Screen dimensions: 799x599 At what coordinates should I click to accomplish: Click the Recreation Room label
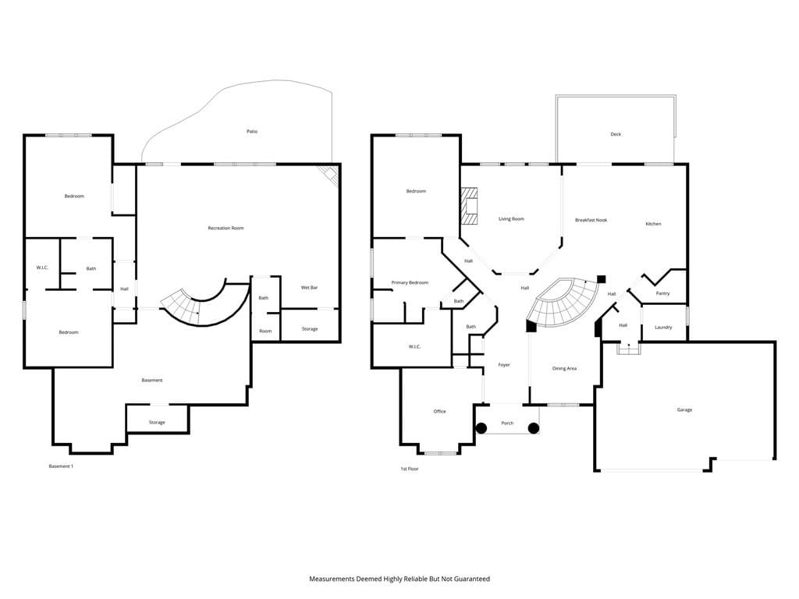point(225,229)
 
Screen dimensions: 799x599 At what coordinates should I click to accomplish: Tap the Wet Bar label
point(309,288)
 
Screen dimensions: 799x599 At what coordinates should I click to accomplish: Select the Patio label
point(252,131)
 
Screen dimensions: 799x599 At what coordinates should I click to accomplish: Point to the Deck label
point(616,134)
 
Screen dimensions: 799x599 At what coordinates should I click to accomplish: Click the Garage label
point(684,410)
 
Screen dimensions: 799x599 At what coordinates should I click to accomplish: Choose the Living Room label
point(511,219)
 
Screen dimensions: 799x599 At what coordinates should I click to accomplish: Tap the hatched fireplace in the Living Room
point(470,206)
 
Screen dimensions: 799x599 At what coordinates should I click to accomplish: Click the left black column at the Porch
point(481,428)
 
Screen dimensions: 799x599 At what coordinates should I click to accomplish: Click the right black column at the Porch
point(534,428)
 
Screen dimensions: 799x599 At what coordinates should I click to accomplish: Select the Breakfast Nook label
point(591,220)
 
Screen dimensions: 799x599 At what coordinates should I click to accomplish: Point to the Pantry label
point(663,293)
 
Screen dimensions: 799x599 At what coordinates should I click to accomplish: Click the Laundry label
point(663,328)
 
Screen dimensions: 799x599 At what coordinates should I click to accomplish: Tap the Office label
point(439,412)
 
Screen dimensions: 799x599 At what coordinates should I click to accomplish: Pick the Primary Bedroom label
point(410,282)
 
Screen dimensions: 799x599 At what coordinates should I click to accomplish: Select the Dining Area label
point(564,369)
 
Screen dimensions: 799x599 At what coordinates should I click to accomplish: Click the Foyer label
point(504,365)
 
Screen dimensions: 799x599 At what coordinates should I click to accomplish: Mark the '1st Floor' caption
point(409,469)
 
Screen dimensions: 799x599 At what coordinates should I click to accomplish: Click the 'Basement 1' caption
point(61,466)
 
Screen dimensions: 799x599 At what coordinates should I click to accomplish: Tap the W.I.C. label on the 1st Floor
point(415,347)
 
